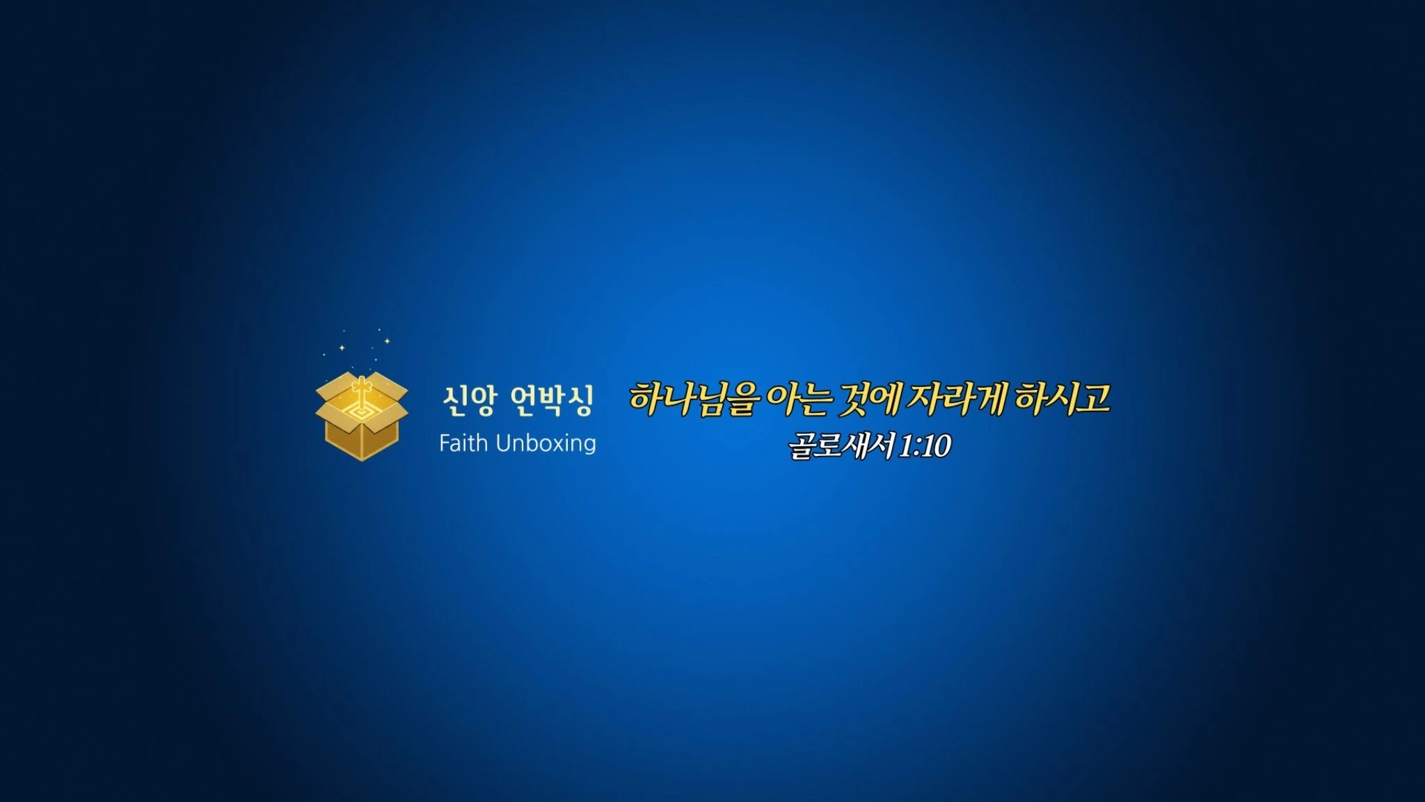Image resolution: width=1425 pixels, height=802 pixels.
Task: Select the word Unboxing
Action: pyautogui.click(x=546, y=444)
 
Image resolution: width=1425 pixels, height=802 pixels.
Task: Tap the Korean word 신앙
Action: pyautogui.click(x=470, y=401)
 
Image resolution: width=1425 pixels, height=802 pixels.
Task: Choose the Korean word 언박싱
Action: pyautogui.click(x=552, y=401)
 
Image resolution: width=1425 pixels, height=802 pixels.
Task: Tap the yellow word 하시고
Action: pyautogui.click(x=1062, y=399)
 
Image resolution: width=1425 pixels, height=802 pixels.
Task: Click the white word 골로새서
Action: pyautogui.click(x=842, y=446)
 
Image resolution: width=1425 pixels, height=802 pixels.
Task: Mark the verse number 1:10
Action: pyautogui.click(x=925, y=446)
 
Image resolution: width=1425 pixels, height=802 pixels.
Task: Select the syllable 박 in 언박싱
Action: pyautogui.click(x=552, y=401)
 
